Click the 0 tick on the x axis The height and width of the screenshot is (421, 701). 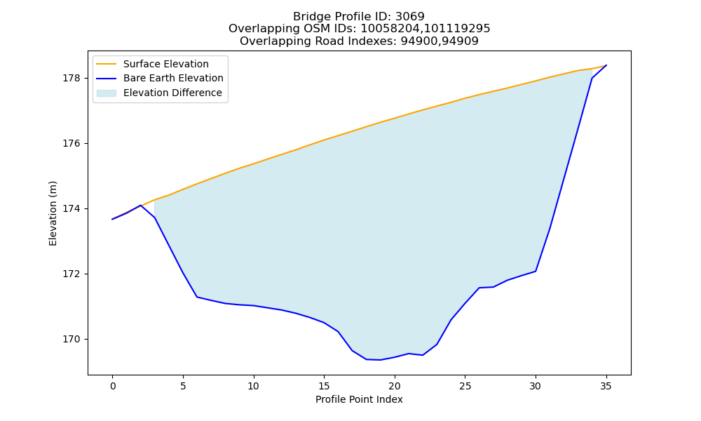tap(112, 386)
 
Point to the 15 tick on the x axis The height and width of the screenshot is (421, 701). tap(324, 386)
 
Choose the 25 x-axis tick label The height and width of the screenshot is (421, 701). tap(465, 386)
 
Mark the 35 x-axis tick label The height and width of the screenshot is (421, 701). tap(606, 386)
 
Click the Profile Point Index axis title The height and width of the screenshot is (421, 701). tap(359, 399)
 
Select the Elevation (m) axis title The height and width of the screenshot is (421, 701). tap(53, 213)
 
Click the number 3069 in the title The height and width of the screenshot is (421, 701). tap(410, 17)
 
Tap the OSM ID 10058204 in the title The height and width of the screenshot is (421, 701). tap(389, 29)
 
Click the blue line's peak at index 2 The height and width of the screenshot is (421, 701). tap(140, 206)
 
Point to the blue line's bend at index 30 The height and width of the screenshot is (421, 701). tap(535, 271)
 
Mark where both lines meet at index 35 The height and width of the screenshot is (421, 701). tap(606, 65)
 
